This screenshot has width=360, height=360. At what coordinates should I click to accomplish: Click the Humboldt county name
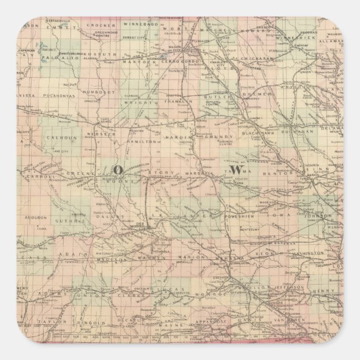tap(93, 92)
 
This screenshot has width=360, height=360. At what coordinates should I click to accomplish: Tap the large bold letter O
tap(118, 169)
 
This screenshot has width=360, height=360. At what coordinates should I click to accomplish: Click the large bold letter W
tap(237, 168)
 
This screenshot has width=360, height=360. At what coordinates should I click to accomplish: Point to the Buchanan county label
tap(306, 132)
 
